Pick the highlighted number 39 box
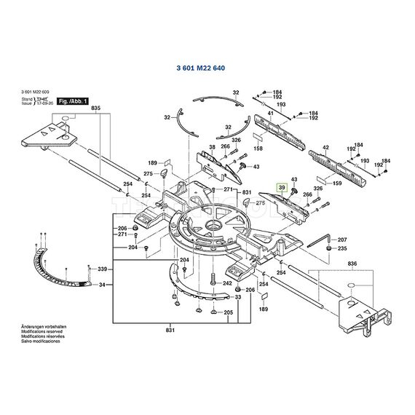[282, 187]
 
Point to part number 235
[341, 248]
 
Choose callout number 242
[227, 283]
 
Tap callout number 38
[212, 146]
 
